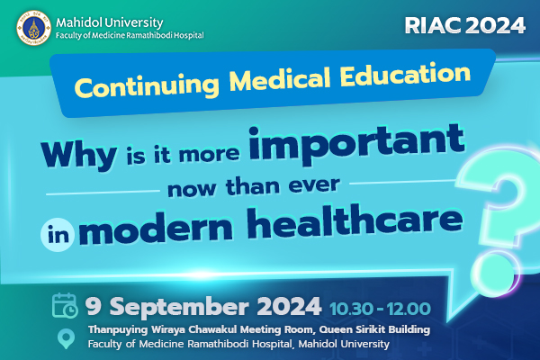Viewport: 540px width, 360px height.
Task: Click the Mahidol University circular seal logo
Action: [34, 28]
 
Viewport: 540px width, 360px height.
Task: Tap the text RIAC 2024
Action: [465, 25]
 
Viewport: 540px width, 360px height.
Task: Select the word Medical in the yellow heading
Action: [280, 79]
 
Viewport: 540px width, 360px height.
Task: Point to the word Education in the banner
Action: [405, 74]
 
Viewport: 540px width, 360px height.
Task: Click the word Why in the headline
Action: [79, 155]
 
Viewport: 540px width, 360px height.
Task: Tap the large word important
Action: [356, 144]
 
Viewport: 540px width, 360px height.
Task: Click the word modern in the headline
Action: [156, 230]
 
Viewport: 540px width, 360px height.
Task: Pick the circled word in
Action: [58, 235]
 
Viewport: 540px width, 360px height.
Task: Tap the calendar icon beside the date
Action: [65, 306]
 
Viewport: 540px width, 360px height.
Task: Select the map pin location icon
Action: [66, 338]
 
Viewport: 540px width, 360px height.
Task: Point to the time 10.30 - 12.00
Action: [380, 309]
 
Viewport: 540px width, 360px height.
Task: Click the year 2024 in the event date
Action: [289, 306]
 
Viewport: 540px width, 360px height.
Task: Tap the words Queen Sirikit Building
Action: [374, 329]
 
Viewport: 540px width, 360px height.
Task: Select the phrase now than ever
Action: [254, 186]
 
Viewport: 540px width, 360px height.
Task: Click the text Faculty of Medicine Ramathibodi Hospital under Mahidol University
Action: [130, 35]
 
